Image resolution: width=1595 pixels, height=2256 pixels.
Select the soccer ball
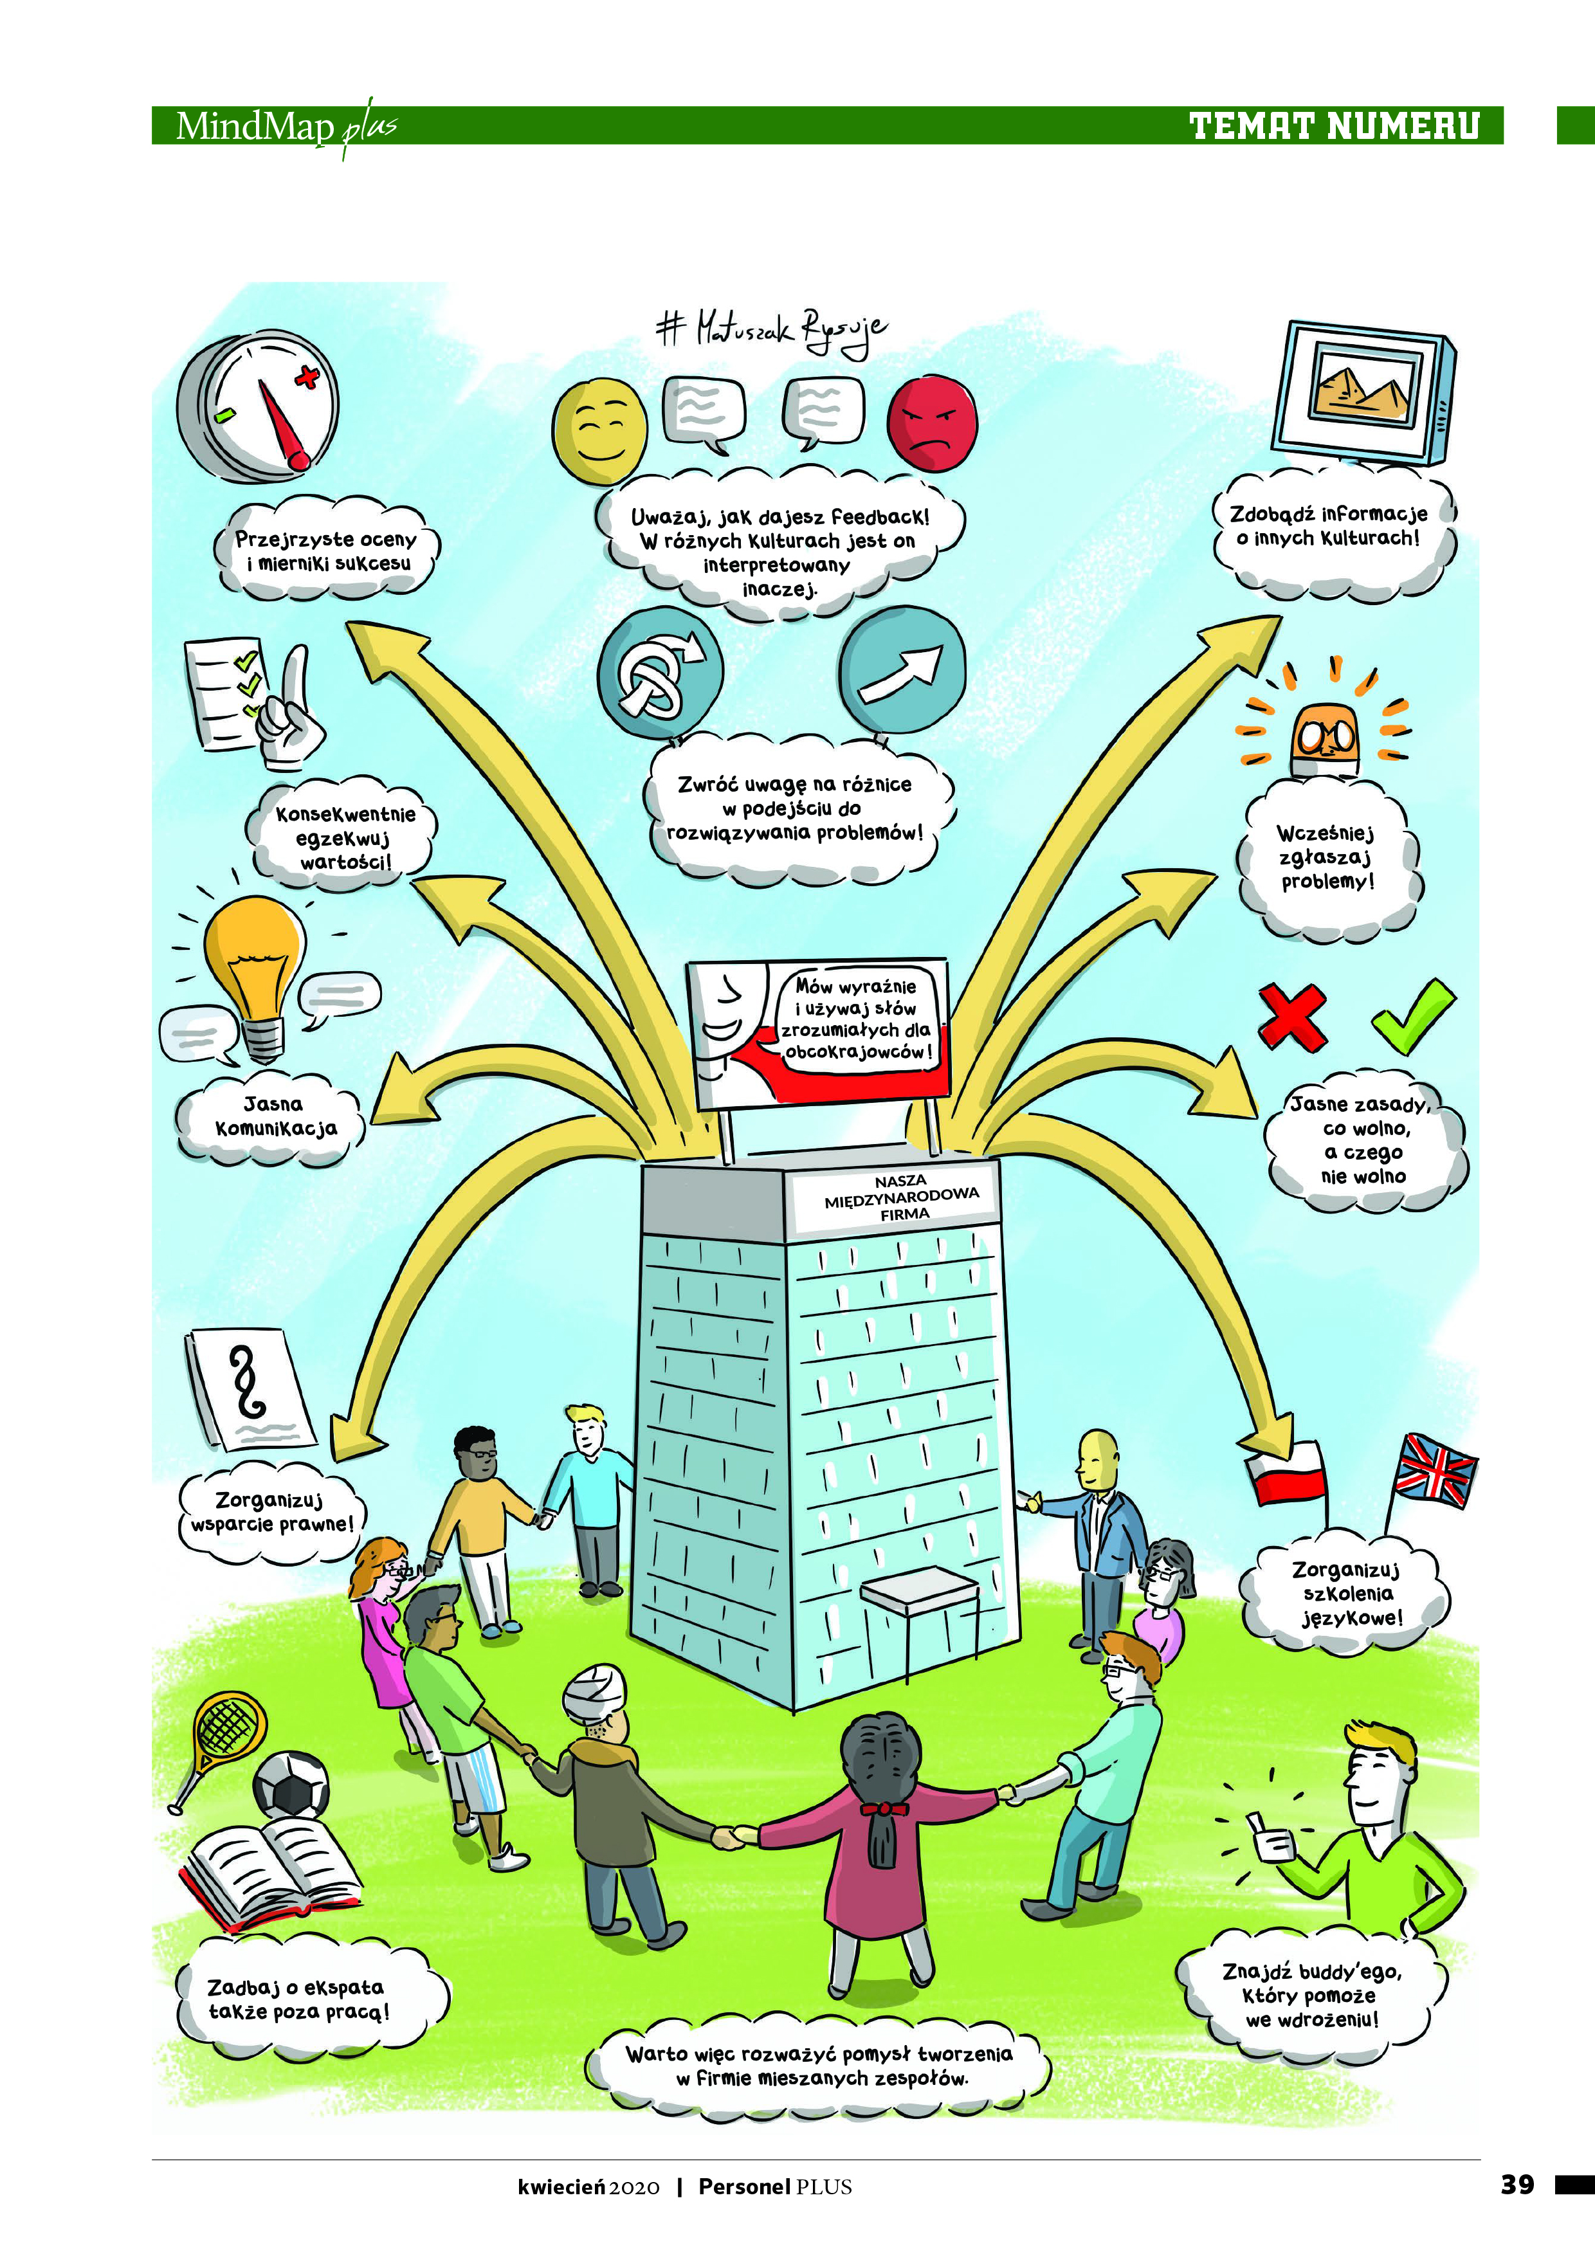(x=291, y=1783)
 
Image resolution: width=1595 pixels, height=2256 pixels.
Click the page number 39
(x=1517, y=2184)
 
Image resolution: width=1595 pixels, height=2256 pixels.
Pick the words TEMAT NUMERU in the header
(x=1334, y=126)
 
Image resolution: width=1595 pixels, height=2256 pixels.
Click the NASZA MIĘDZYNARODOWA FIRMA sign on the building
(x=900, y=1197)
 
